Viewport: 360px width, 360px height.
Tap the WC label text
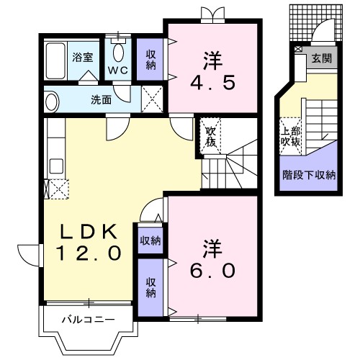click(x=117, y=71)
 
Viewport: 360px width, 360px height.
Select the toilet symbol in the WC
click(x=119, y=51)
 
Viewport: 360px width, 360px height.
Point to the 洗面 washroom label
click(x=100, y=99)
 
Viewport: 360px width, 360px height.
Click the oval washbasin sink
click(x=52, y=100)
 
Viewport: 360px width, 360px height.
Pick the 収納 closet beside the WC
click(x=151, y=58)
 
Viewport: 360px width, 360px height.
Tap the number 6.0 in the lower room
click(x=212, y=270)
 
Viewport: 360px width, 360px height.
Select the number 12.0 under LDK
click(x=89, y=253)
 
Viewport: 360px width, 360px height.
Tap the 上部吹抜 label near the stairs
click(x=291, y=138)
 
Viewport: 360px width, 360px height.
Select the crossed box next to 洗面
click(x=151, y=99)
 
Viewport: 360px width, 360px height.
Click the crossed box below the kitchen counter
click(x=56, y=189)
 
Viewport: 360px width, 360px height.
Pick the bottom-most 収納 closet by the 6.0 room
click(x=151, y=287)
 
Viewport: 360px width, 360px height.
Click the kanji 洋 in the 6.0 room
click(x=212, y=247)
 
